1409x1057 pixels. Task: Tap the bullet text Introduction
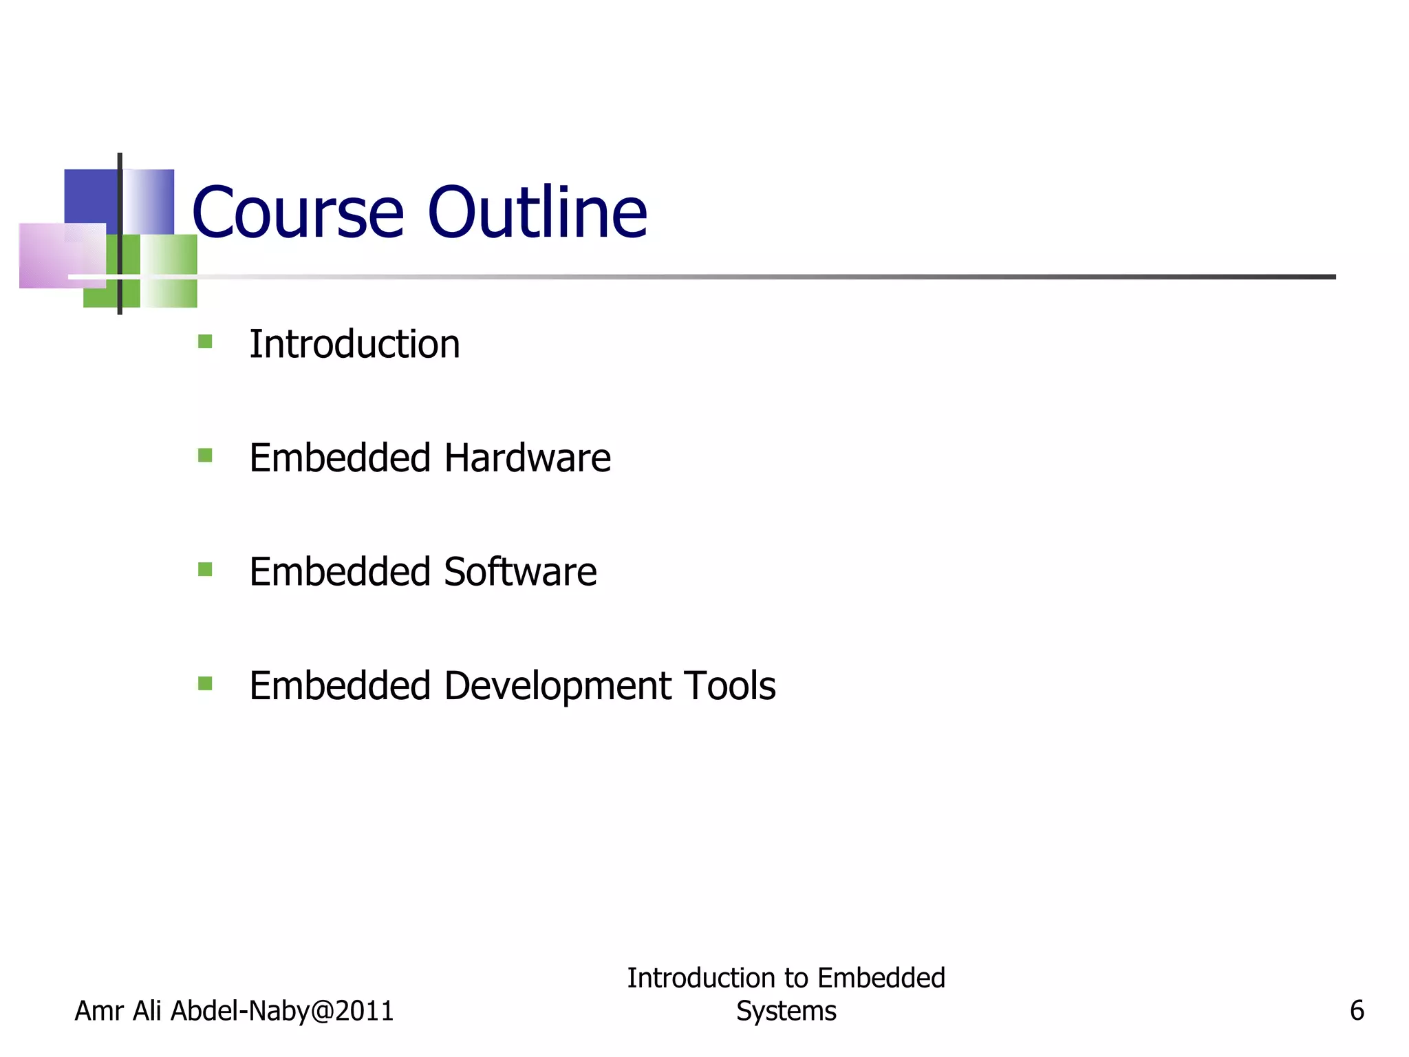(x=354, y=344)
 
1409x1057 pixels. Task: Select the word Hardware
(x=528, y=458)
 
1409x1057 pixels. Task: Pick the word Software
(x=520, y=572)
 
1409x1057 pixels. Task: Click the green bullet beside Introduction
(x=205, y=341)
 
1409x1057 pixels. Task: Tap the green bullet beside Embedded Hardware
(x=205, y=456)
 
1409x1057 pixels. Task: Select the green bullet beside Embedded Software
(x=205, y=569)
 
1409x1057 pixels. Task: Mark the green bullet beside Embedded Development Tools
(x=205, y=683)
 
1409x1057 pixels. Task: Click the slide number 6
(x=1357, y=1011)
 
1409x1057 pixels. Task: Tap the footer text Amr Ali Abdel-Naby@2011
(x=234, y=1011)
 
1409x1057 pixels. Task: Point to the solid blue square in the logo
(x=90, y=196)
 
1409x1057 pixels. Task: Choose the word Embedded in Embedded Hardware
(x=340, y=458)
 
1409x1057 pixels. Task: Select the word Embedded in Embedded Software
(x=340, y=572)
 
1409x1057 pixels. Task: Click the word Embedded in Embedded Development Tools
(x=340, y=686)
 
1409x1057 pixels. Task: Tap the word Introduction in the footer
(x=701, y=978)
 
